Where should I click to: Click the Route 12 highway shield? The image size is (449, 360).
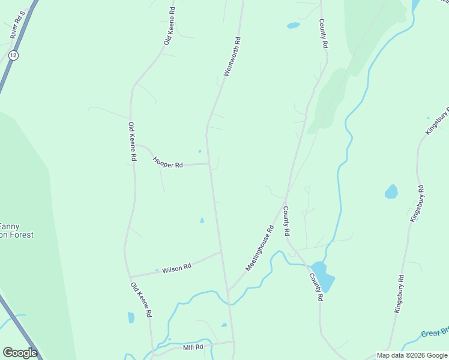click(13, 55)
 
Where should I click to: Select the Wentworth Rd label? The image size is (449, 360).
click(232, 57)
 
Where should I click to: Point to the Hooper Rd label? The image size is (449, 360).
click(167, 162)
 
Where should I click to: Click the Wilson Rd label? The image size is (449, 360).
click(176, 267)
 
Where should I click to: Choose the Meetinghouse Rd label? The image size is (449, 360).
click(260, 247)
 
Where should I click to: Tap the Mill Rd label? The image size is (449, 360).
click(193, 347)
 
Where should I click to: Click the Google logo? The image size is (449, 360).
click(20, 353)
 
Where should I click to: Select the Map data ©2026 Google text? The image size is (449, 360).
click(412, 355)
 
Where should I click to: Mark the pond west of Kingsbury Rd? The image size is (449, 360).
click(391, 192)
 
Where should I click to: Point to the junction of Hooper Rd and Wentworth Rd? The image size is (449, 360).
click(209, 164)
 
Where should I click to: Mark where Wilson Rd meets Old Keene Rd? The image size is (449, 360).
click(130, 277)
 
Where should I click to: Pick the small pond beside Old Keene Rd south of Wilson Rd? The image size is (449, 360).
click(131, 317)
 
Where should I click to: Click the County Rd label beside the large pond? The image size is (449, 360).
click(316, 287)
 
